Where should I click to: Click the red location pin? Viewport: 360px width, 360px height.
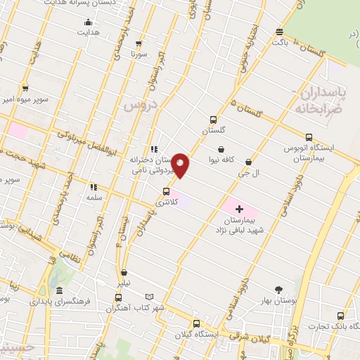(181, 165)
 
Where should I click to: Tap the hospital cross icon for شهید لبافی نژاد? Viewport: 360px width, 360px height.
(239, 209)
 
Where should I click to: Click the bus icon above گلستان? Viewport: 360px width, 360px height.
(214, 120)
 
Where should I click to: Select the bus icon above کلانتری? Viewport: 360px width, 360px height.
(167, 191)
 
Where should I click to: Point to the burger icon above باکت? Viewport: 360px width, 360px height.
(280, 32)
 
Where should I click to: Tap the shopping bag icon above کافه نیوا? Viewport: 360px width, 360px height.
(221, 149)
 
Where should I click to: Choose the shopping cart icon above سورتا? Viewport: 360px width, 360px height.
(141, 43)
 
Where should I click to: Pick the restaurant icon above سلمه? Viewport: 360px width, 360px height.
(93, 188)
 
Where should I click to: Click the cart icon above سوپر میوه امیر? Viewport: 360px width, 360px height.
(25, 89)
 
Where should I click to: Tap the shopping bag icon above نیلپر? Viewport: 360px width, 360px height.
(124, 272)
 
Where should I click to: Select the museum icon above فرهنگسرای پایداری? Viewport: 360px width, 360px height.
(59, 291)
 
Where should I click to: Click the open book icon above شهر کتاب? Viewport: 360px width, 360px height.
(148, 296)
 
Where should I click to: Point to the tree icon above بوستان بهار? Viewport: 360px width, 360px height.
(279, 289)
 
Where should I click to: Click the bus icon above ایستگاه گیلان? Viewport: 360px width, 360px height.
(195, 323)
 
